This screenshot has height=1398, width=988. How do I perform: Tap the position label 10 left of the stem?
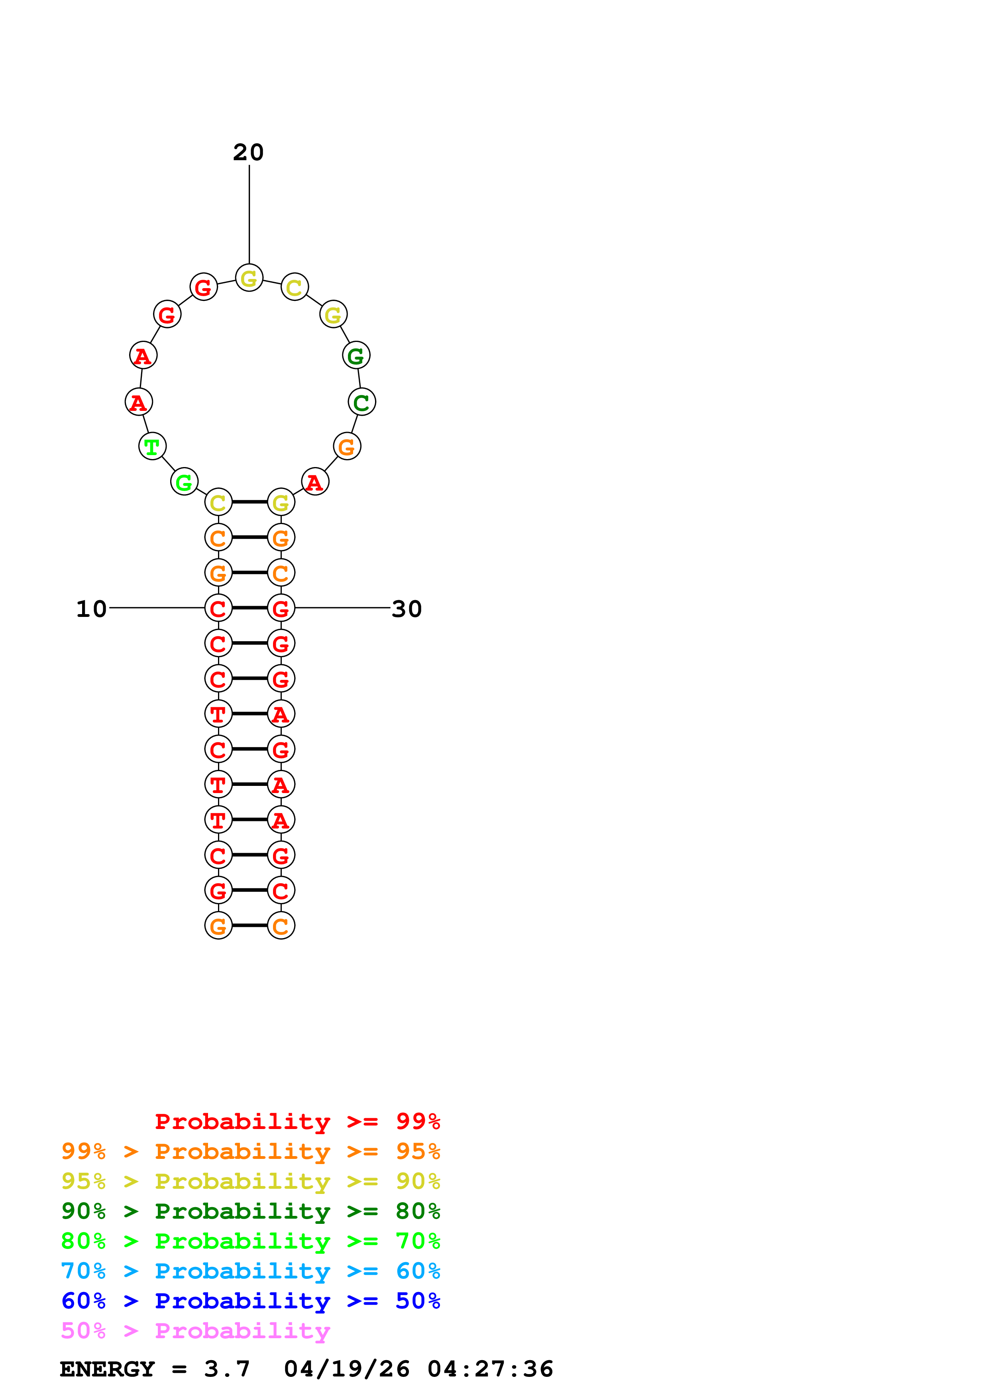pos(91,609)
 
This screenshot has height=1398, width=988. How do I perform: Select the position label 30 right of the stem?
pos(407,609)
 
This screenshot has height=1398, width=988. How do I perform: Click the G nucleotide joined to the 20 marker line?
pos(249,278)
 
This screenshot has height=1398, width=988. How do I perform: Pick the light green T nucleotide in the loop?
pos(152,446)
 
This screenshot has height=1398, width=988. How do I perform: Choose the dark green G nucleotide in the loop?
pos(356,355)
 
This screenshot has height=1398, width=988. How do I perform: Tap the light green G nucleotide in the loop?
pos(184,482)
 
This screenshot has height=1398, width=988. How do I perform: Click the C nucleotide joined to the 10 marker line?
pos(218,608)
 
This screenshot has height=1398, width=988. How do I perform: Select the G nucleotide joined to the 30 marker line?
pos(281,608)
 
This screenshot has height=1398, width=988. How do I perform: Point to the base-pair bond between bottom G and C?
pos(249,925)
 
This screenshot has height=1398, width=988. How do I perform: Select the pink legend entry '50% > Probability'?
pos(195,1331)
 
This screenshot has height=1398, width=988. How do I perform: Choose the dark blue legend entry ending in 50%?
pos(250,1301)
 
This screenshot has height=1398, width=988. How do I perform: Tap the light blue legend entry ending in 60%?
pos(250,1271)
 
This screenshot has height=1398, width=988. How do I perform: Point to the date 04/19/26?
pos(346,1369)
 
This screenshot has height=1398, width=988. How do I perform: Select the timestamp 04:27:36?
pos(490,1369)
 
